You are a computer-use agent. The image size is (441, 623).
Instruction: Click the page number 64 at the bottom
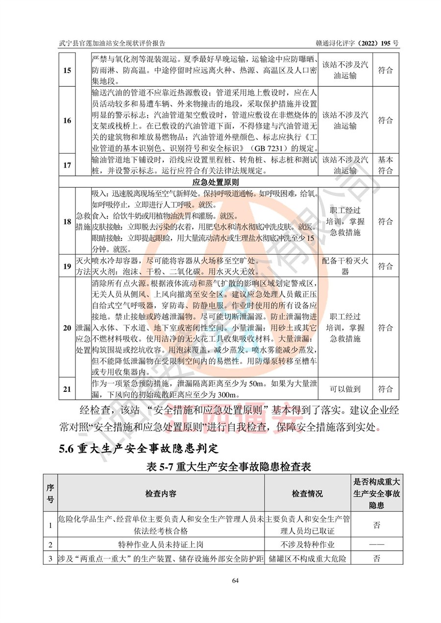coord(235,580)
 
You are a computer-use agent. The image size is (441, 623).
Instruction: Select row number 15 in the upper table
coord(67,70)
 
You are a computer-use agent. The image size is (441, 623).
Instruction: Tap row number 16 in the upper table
coord(67,120)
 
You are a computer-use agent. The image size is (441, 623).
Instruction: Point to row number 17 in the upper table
coord(67,165)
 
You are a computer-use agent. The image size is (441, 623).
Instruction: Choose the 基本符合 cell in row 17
coord(386,165)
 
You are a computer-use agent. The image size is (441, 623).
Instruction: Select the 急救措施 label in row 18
coord(83,221)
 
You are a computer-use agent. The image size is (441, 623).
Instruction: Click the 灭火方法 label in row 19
coord(83,266)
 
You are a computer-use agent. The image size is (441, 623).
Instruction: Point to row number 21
coord(67,389)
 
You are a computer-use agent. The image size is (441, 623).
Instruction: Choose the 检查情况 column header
coord(307,494)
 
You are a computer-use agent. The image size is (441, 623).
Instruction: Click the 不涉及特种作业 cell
coord(307,544)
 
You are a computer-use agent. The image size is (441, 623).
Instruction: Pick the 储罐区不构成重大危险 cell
coord(307,558)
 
